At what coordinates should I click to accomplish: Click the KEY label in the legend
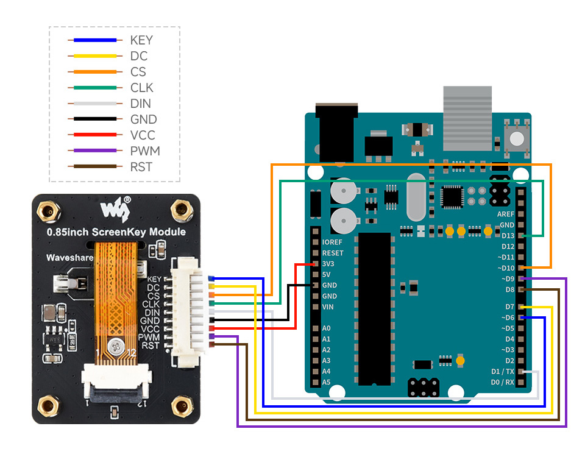coord(141,40)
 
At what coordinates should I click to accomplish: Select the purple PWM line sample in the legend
coord(94,151)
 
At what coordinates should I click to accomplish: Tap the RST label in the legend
coord(141,167)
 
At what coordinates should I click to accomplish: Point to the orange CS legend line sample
coord(94,72)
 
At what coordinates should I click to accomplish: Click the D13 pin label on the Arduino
coord(507,236)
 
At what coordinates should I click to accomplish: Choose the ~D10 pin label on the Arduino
coord(505,268)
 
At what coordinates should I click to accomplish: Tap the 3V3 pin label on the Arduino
coord(328,264)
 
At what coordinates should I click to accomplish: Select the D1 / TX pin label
coord(502,371)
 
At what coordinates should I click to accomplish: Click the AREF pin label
coord(506,215)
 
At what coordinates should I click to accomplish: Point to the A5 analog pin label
coord(326,382)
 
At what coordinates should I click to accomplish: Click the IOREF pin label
coord(332,242)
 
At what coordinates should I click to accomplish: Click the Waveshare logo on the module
coord(115,210)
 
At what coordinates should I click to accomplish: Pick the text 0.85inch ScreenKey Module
coord(116,232)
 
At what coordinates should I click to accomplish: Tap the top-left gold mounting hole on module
coord(49,211)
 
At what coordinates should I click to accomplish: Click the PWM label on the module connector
coord(149,337)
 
